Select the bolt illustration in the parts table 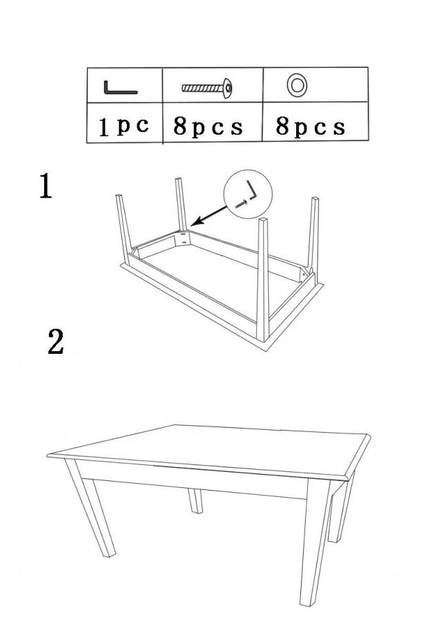(x=207, y=88)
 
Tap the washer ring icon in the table (x=297, y=85)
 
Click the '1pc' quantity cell (x=124, y=126)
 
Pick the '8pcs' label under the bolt (x=208, y=127)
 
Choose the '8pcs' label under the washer (x=310, y=127)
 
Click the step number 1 (x=46, y=186)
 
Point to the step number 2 (x=55, y=341)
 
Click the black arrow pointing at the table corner (x=211, y=216)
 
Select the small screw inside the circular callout (x=241, y=205)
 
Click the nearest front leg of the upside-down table (x=263, y=280)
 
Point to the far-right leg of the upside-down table (x=313, y=238)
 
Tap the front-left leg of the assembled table (x=90, y=509)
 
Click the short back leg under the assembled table (x=195, y=500)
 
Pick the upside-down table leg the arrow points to (x=181, y=205)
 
